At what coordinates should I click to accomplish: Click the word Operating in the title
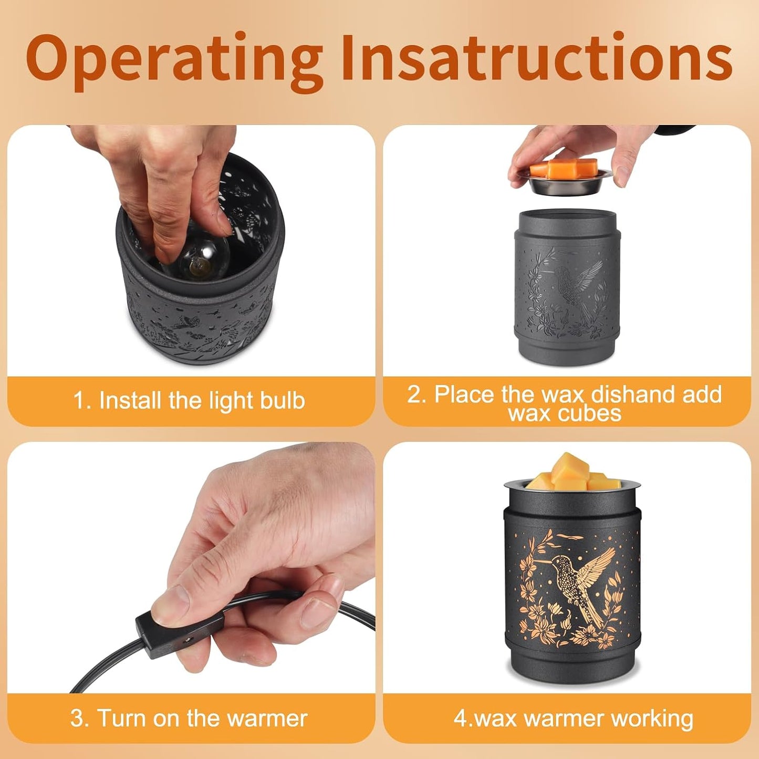pos(174,59)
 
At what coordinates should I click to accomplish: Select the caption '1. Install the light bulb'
pos(189,401)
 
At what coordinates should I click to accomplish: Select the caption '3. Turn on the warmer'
pos(189,718)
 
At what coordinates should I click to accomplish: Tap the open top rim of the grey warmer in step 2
pos(568,214)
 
